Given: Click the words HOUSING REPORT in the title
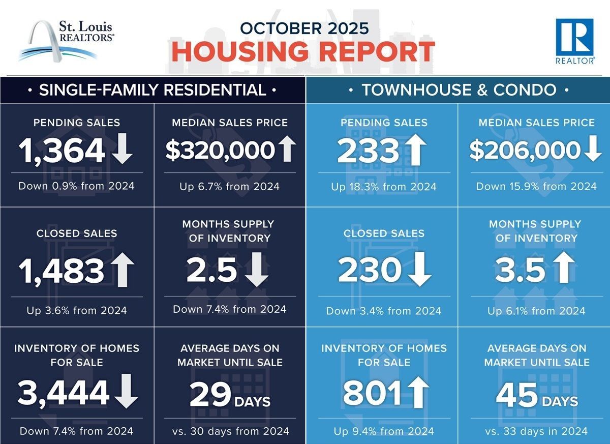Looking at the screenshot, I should tap(303, 52).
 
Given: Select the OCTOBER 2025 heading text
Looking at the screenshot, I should tap(304, 27).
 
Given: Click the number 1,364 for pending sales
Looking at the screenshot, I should tap(62, 151).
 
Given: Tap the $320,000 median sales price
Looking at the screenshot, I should tap(220, 151).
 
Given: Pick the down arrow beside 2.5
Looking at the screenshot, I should tap(257, 271).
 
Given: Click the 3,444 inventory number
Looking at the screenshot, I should tap(64, 392).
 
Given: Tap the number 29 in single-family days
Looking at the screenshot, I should tap(210, 395).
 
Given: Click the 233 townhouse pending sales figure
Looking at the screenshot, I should tap(368, 151).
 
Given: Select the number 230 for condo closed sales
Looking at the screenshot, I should tap(370, 271).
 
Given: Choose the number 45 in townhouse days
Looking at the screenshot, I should tap(516, 395).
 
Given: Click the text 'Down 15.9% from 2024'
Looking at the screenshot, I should tap(536, 186).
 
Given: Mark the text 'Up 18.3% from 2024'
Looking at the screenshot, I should tap(384, 187).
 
